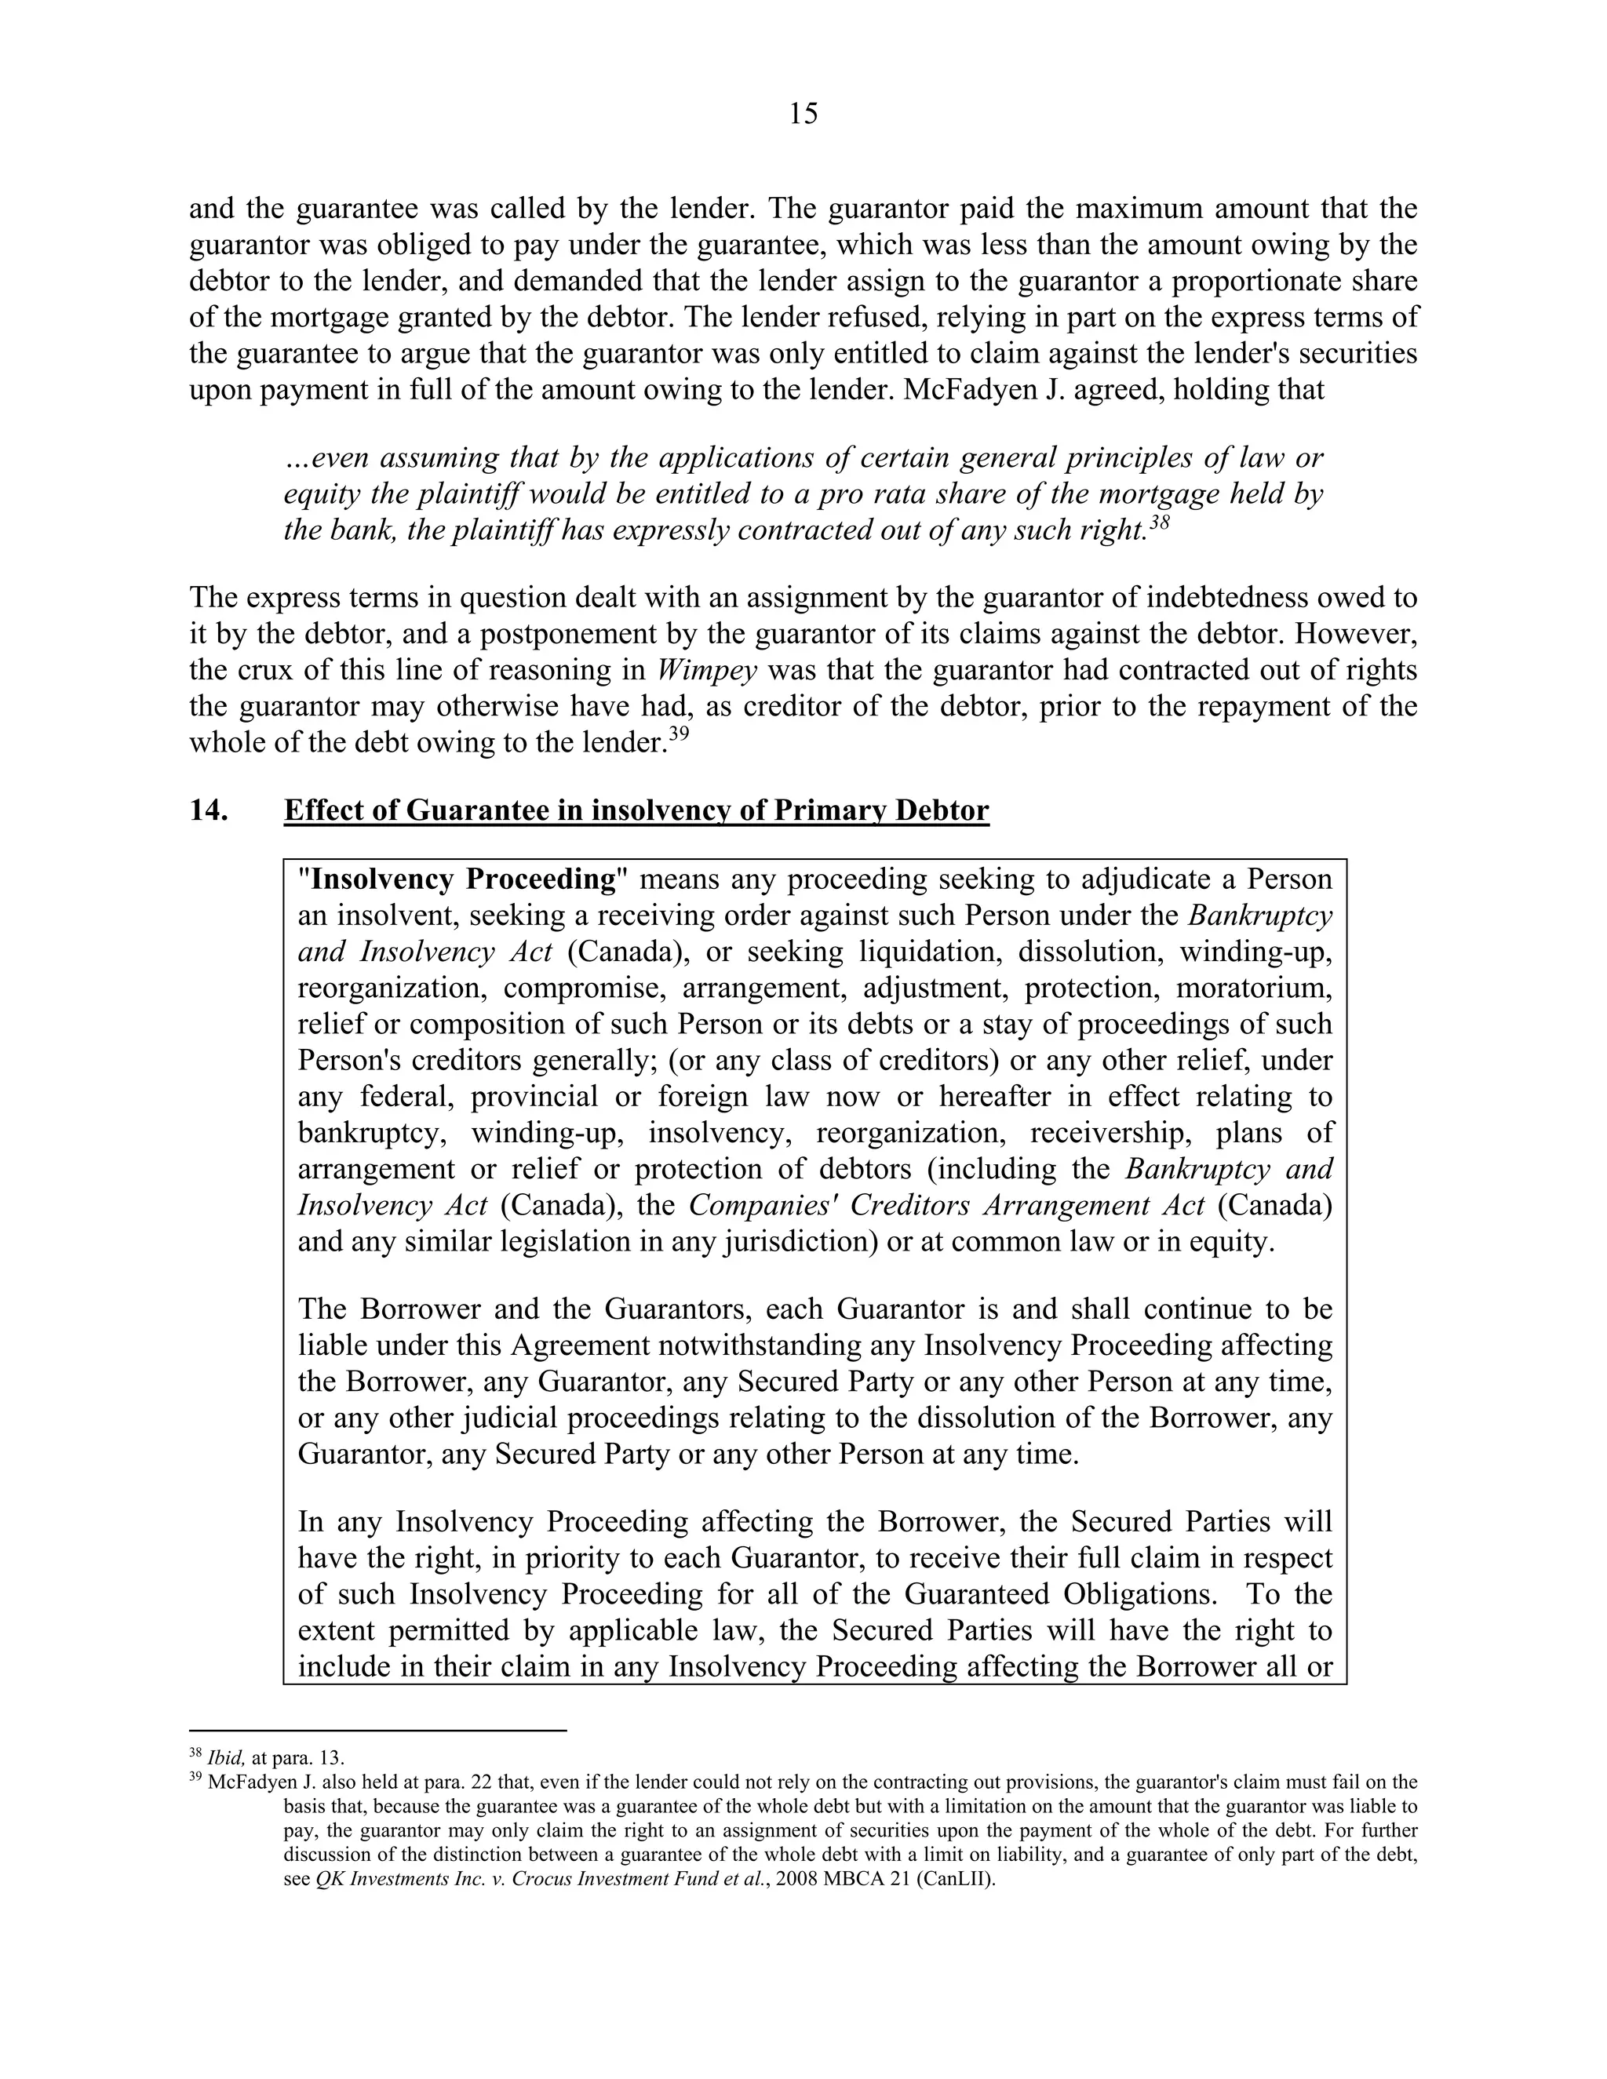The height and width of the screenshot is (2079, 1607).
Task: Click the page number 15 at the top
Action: coord(803,115)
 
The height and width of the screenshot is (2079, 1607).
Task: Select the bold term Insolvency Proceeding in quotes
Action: coord(465,879)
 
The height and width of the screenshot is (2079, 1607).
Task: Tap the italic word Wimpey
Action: coord(707,670)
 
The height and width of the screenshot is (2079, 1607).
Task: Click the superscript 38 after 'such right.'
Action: coord(1159,522)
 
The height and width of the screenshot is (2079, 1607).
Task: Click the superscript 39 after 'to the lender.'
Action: coord(677,734)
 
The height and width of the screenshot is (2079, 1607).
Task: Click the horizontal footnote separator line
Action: coord(378,1730)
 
